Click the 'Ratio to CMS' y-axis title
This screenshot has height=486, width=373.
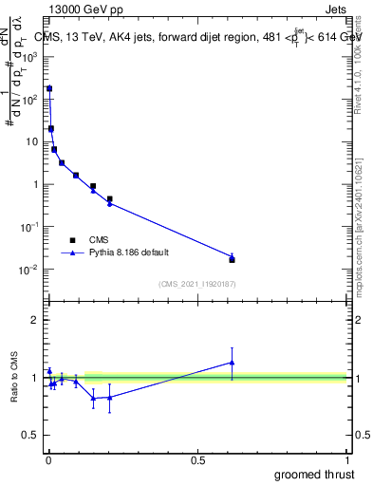click(x=15, y=378)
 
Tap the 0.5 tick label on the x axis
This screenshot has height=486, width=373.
click(x=197, y=460)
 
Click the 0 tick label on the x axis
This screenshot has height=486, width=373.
click(x=48, y=460)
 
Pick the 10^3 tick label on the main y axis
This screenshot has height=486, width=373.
click(x=28, y=56)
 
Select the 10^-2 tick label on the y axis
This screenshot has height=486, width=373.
click(x=28, y=271)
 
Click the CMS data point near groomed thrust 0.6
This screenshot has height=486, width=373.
click(x=232, y=259)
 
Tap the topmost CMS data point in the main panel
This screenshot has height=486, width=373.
click(x=49, y=88)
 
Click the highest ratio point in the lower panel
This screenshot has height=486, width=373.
click(x=232, y=362)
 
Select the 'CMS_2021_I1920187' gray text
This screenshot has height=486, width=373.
click(x=196, y=284)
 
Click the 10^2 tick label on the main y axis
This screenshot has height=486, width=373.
click(x=28, y=99)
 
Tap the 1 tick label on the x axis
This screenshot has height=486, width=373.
click(x=346, y=460)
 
